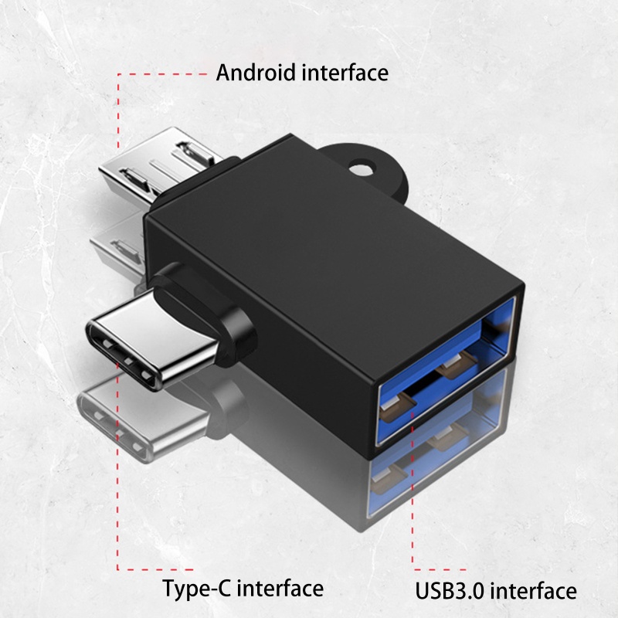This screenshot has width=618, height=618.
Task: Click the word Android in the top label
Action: pos(253,73)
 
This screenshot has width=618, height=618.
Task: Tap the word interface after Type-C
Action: pos(280,589)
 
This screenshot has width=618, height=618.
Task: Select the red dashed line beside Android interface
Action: pos(118,108)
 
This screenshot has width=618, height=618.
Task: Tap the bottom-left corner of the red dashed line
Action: pos(118,570)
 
